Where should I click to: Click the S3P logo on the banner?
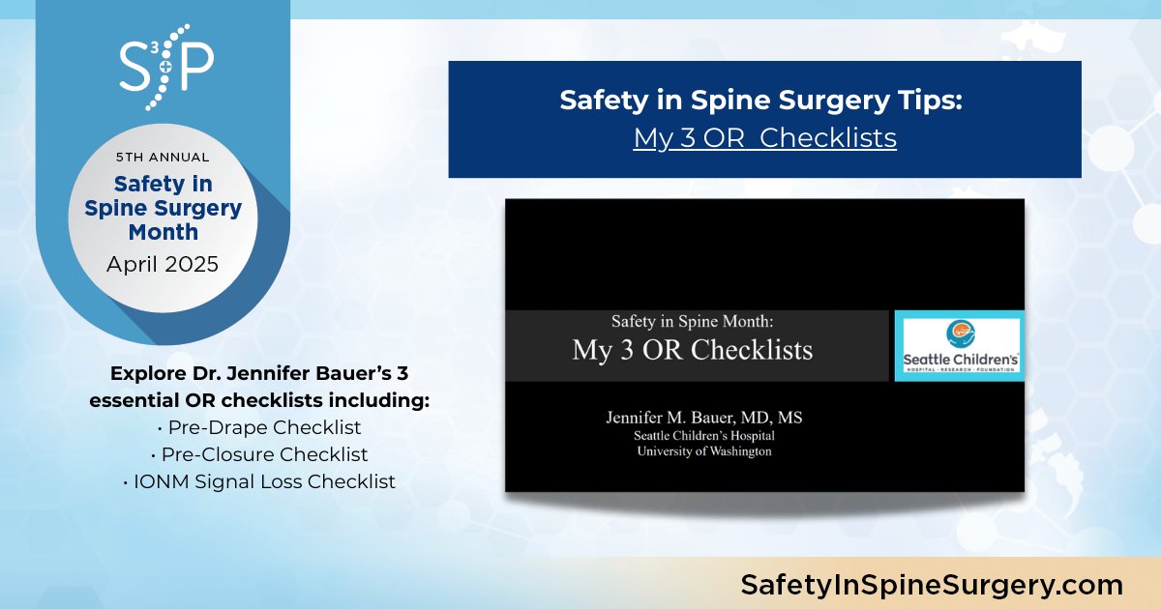(165, 67)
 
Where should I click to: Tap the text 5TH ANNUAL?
(163, 157)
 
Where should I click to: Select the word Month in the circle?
(163, 232)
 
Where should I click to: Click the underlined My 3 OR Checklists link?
(764, 137)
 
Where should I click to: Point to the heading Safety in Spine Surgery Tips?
(764, 101)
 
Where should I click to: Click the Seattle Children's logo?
(959, 346)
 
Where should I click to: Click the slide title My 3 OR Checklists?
(692, 349)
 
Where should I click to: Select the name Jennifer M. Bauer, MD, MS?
(703, 419)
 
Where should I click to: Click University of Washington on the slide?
(703, 451)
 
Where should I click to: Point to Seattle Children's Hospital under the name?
(703, 436)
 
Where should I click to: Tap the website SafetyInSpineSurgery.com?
(931, 584)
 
